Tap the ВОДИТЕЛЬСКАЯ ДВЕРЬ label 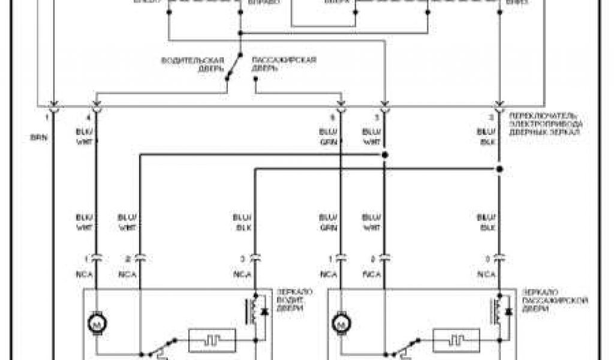click(x=192, y=64)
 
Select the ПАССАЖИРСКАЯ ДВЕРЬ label click(x=283, y=64)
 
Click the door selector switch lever click(x=233, y=67)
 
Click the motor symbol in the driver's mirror click(x=96, y=325)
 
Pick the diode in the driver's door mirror click(x=264, y=311)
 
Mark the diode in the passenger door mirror click(x=508, y=311)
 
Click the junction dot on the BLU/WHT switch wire click(x=384, y=155)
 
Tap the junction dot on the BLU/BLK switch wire click(x=498, y=170)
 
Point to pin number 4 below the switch click(x=89, y=118)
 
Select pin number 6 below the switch click(x=333, y=118)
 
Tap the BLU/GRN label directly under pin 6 click(x=328, y=137)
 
